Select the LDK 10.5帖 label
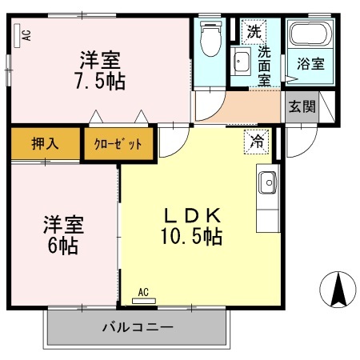click(191, 226)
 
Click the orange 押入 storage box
click(46, 145)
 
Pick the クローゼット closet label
click(118, 145)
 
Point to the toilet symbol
click(211, 38)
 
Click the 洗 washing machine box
click(254, 33)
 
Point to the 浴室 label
click(311, 65)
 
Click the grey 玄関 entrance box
click(302, 106)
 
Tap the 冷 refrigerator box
click(258, 139)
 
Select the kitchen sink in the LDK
click(266, 183)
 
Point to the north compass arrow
click(339, 290)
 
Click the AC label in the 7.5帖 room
click(26, 34)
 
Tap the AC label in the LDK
click(144, 292)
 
